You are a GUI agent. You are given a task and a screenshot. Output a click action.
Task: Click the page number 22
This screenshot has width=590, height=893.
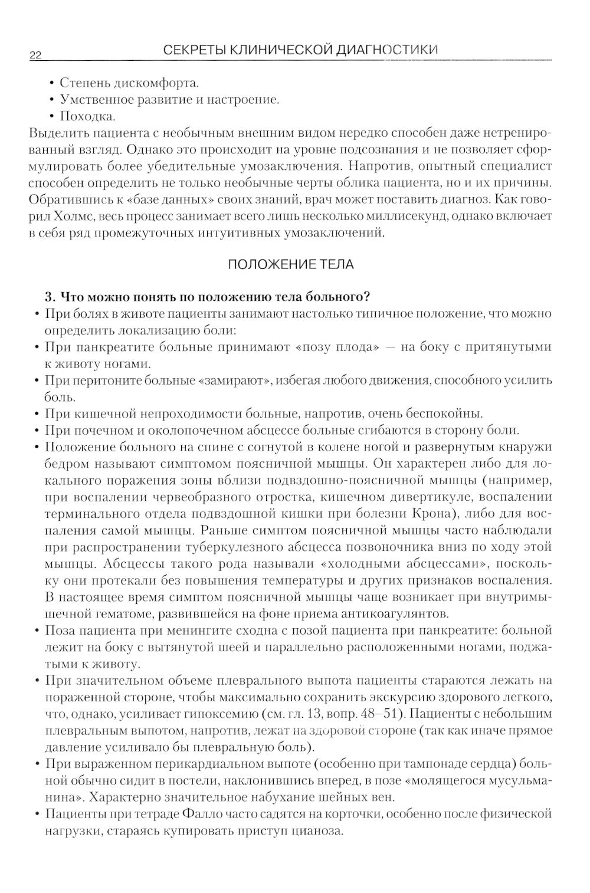tap(34, 55)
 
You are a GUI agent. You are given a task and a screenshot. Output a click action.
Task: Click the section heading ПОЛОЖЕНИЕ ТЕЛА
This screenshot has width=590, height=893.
tap(291, 264)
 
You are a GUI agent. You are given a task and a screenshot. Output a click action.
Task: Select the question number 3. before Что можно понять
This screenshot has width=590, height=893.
tap(50, 296)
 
